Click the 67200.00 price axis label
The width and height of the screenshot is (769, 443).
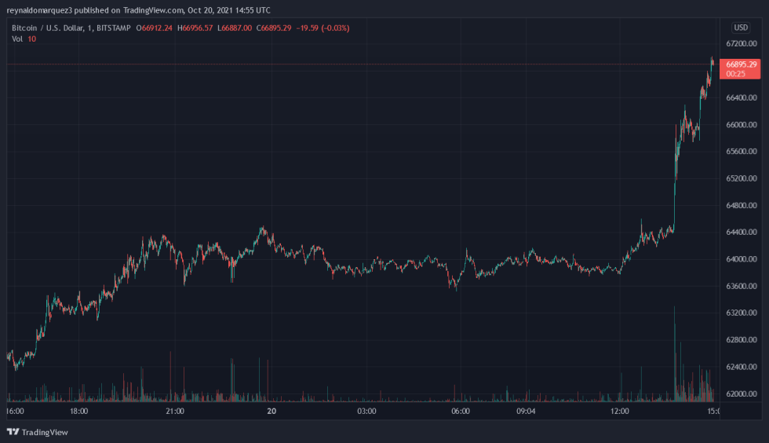tap(741, 44)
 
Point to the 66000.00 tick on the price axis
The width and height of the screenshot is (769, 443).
tap(741, 125)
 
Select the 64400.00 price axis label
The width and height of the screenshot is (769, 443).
tap(741, 232)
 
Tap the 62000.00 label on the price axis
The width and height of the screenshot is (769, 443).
tap(741, 394)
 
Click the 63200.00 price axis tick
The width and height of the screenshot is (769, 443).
tap(741, 313)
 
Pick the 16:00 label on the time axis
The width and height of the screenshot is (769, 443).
tap(15, 411)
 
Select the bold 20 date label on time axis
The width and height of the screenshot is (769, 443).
tap(271, 411)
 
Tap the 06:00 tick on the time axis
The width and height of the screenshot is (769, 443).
tap(461, 411)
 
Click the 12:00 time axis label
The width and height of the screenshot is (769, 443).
tap(620, 411)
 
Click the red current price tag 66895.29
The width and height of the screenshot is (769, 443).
tap(741, 64)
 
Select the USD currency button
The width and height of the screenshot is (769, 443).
tap(741, 27)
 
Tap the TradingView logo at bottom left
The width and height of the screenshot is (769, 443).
tap(38, 432)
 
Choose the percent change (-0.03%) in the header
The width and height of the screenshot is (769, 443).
tap(336, 28)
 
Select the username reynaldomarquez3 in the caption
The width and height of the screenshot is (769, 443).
tap(41, 10)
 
